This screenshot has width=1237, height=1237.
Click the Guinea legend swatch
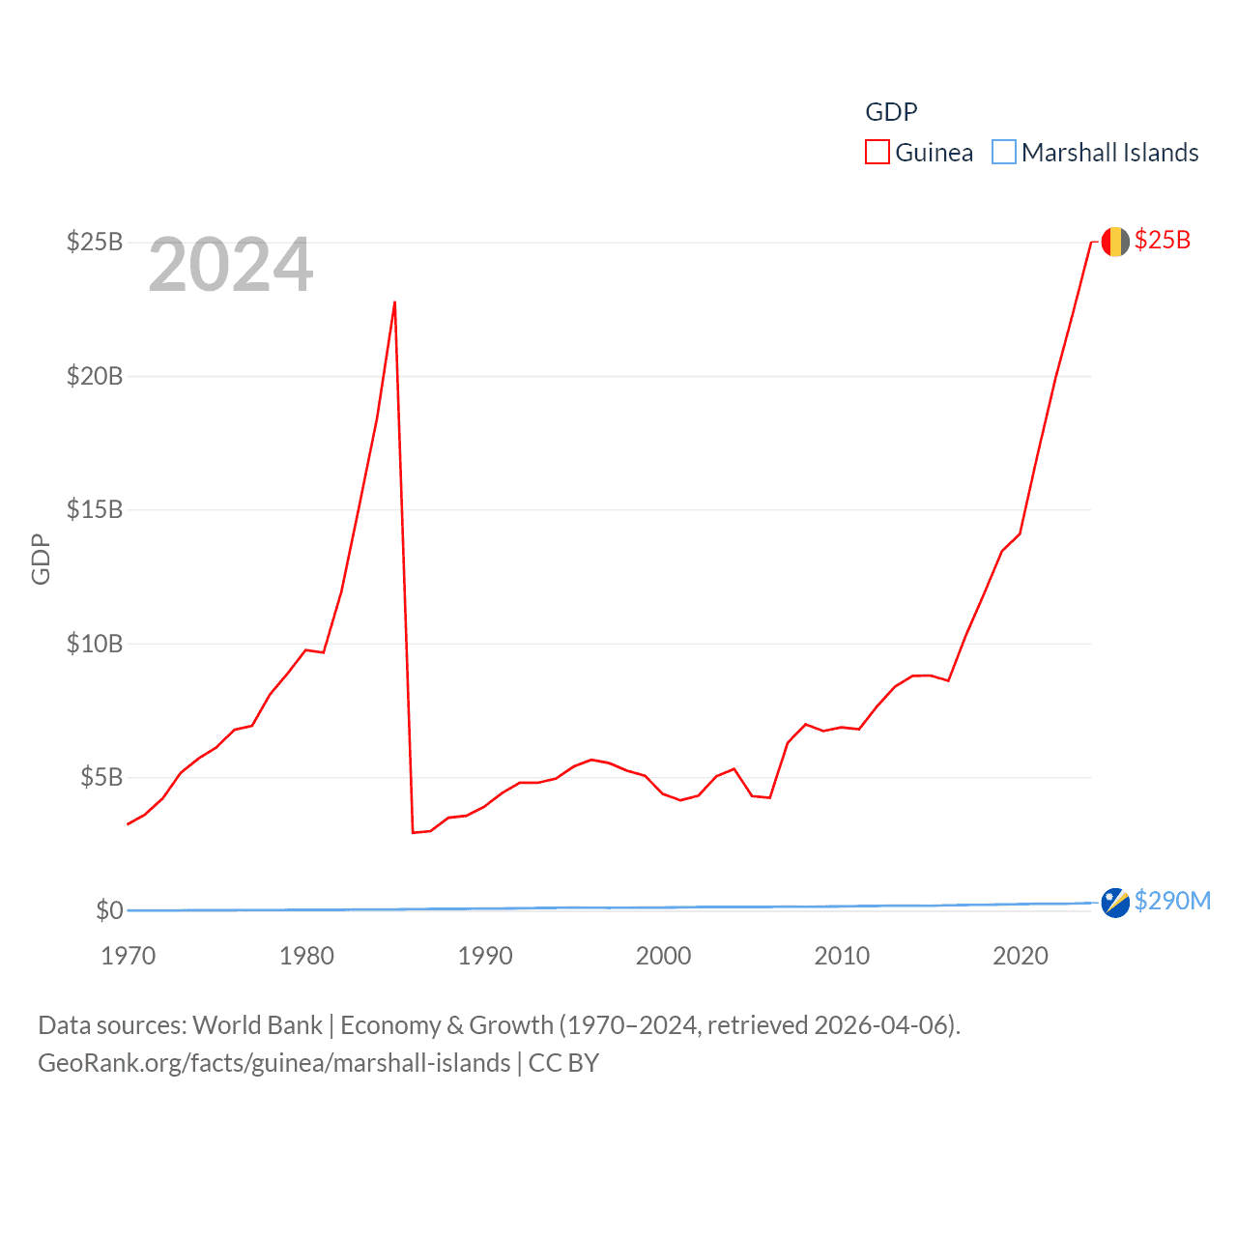click(877, 153)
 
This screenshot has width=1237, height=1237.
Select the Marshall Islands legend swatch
click(1004, 153)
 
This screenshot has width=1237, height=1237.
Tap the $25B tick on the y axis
click(95, 242)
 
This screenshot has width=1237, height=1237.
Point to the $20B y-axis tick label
click(95, 376)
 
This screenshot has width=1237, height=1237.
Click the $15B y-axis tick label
click(95, 509)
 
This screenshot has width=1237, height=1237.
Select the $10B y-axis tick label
click(95, 644)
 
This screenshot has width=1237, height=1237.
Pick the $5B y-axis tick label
click(101, 777)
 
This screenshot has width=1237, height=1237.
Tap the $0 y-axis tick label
click(109, 910)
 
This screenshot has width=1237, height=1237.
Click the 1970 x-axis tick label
click(128, 956)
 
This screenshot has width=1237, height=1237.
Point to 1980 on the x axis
click(306, 956)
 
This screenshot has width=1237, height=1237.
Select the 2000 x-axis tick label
click(663, 956)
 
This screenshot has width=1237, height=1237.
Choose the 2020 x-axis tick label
click(1021, 956)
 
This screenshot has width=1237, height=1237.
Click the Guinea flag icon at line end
click(1115, 242)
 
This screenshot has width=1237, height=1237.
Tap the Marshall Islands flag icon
click(1115, 903)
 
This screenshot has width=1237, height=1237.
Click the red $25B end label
click(1163, 240)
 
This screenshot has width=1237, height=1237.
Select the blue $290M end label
click(1172, 901)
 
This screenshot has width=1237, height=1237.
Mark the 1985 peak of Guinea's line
click(395, 302)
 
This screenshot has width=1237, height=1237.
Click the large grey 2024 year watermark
click(231, 265)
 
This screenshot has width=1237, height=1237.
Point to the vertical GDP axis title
click(41, 559)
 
